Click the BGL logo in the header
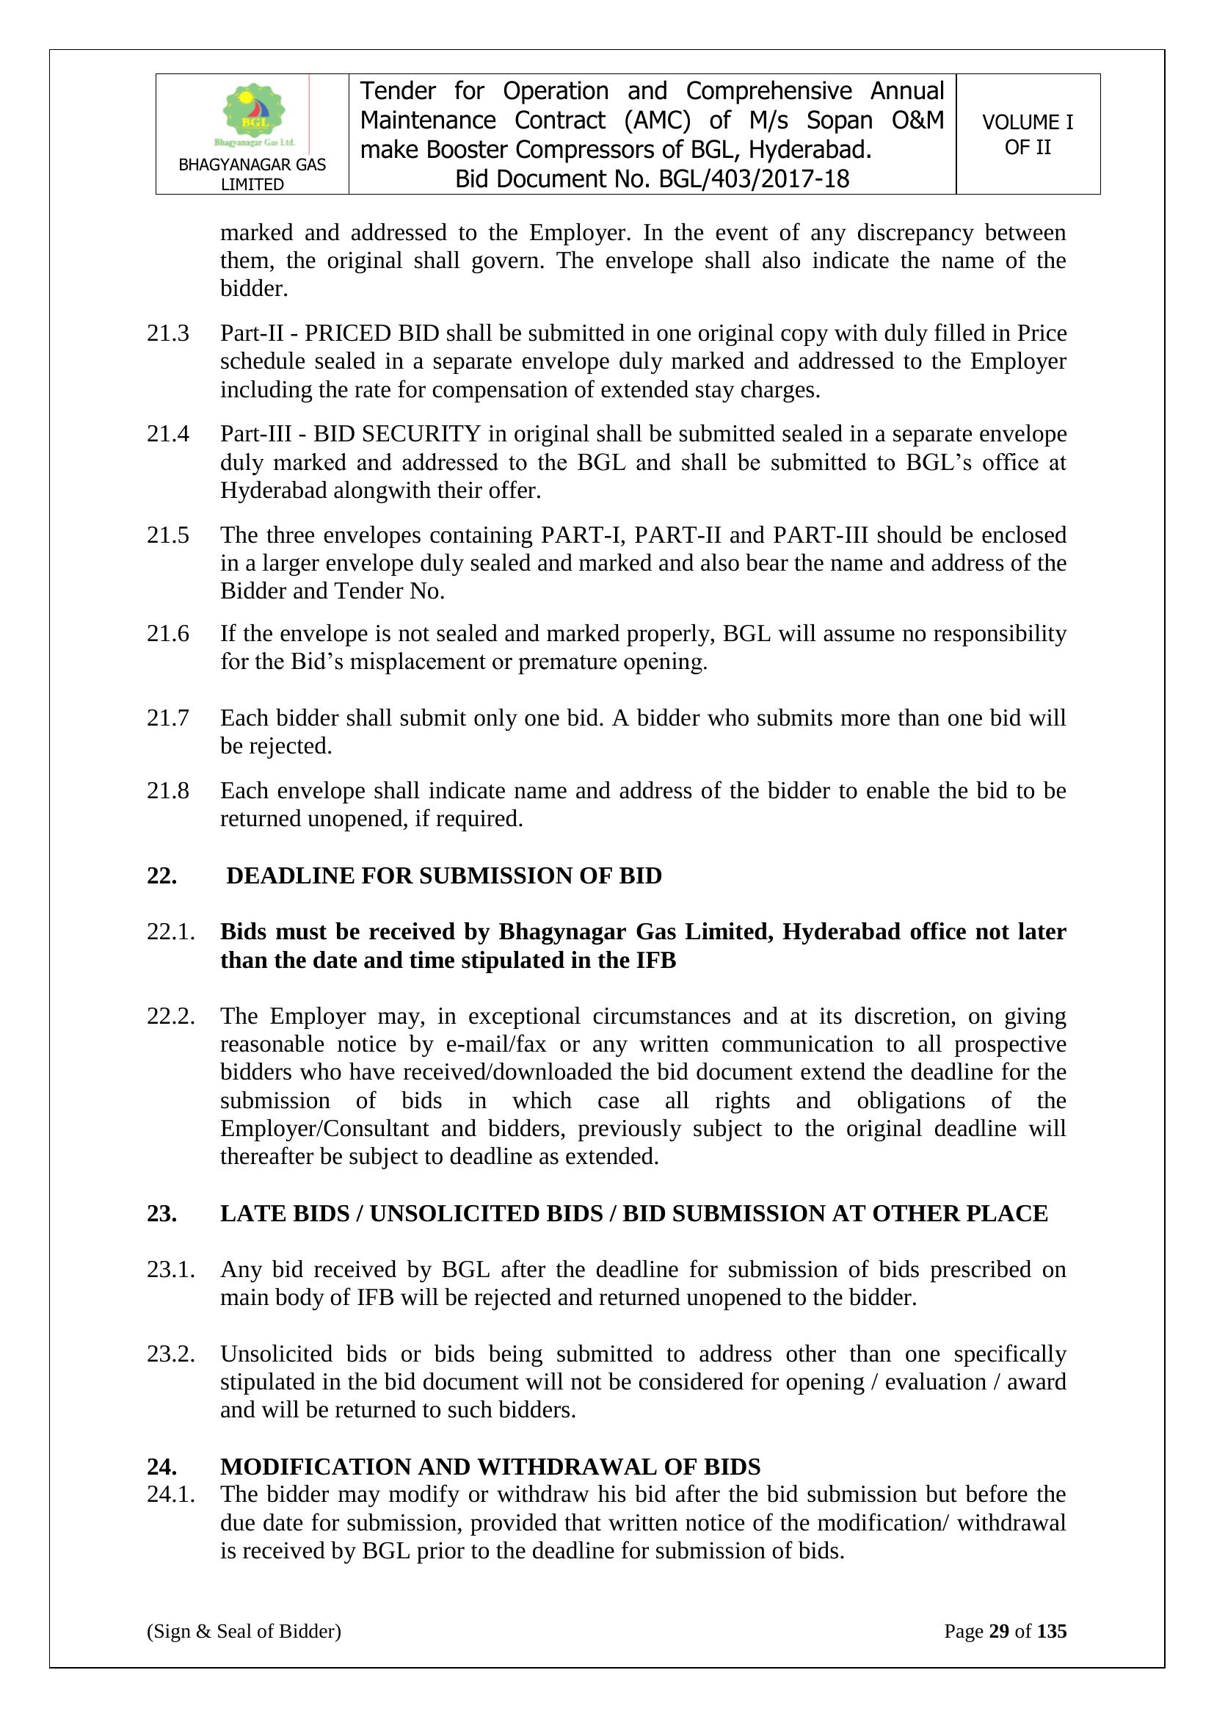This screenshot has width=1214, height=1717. point(252,115)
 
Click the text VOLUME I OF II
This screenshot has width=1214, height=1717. point(1027,134)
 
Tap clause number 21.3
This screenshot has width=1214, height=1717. point(167,333)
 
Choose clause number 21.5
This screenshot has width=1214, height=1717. point(167,535)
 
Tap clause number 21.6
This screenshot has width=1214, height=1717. point(167,635)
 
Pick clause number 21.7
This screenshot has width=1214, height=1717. point(167,719)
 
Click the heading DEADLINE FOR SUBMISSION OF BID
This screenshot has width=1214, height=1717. point(444,875)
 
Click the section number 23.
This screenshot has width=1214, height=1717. point(161,1213)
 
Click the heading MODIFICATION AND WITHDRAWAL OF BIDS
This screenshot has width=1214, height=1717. point(490,1467)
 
